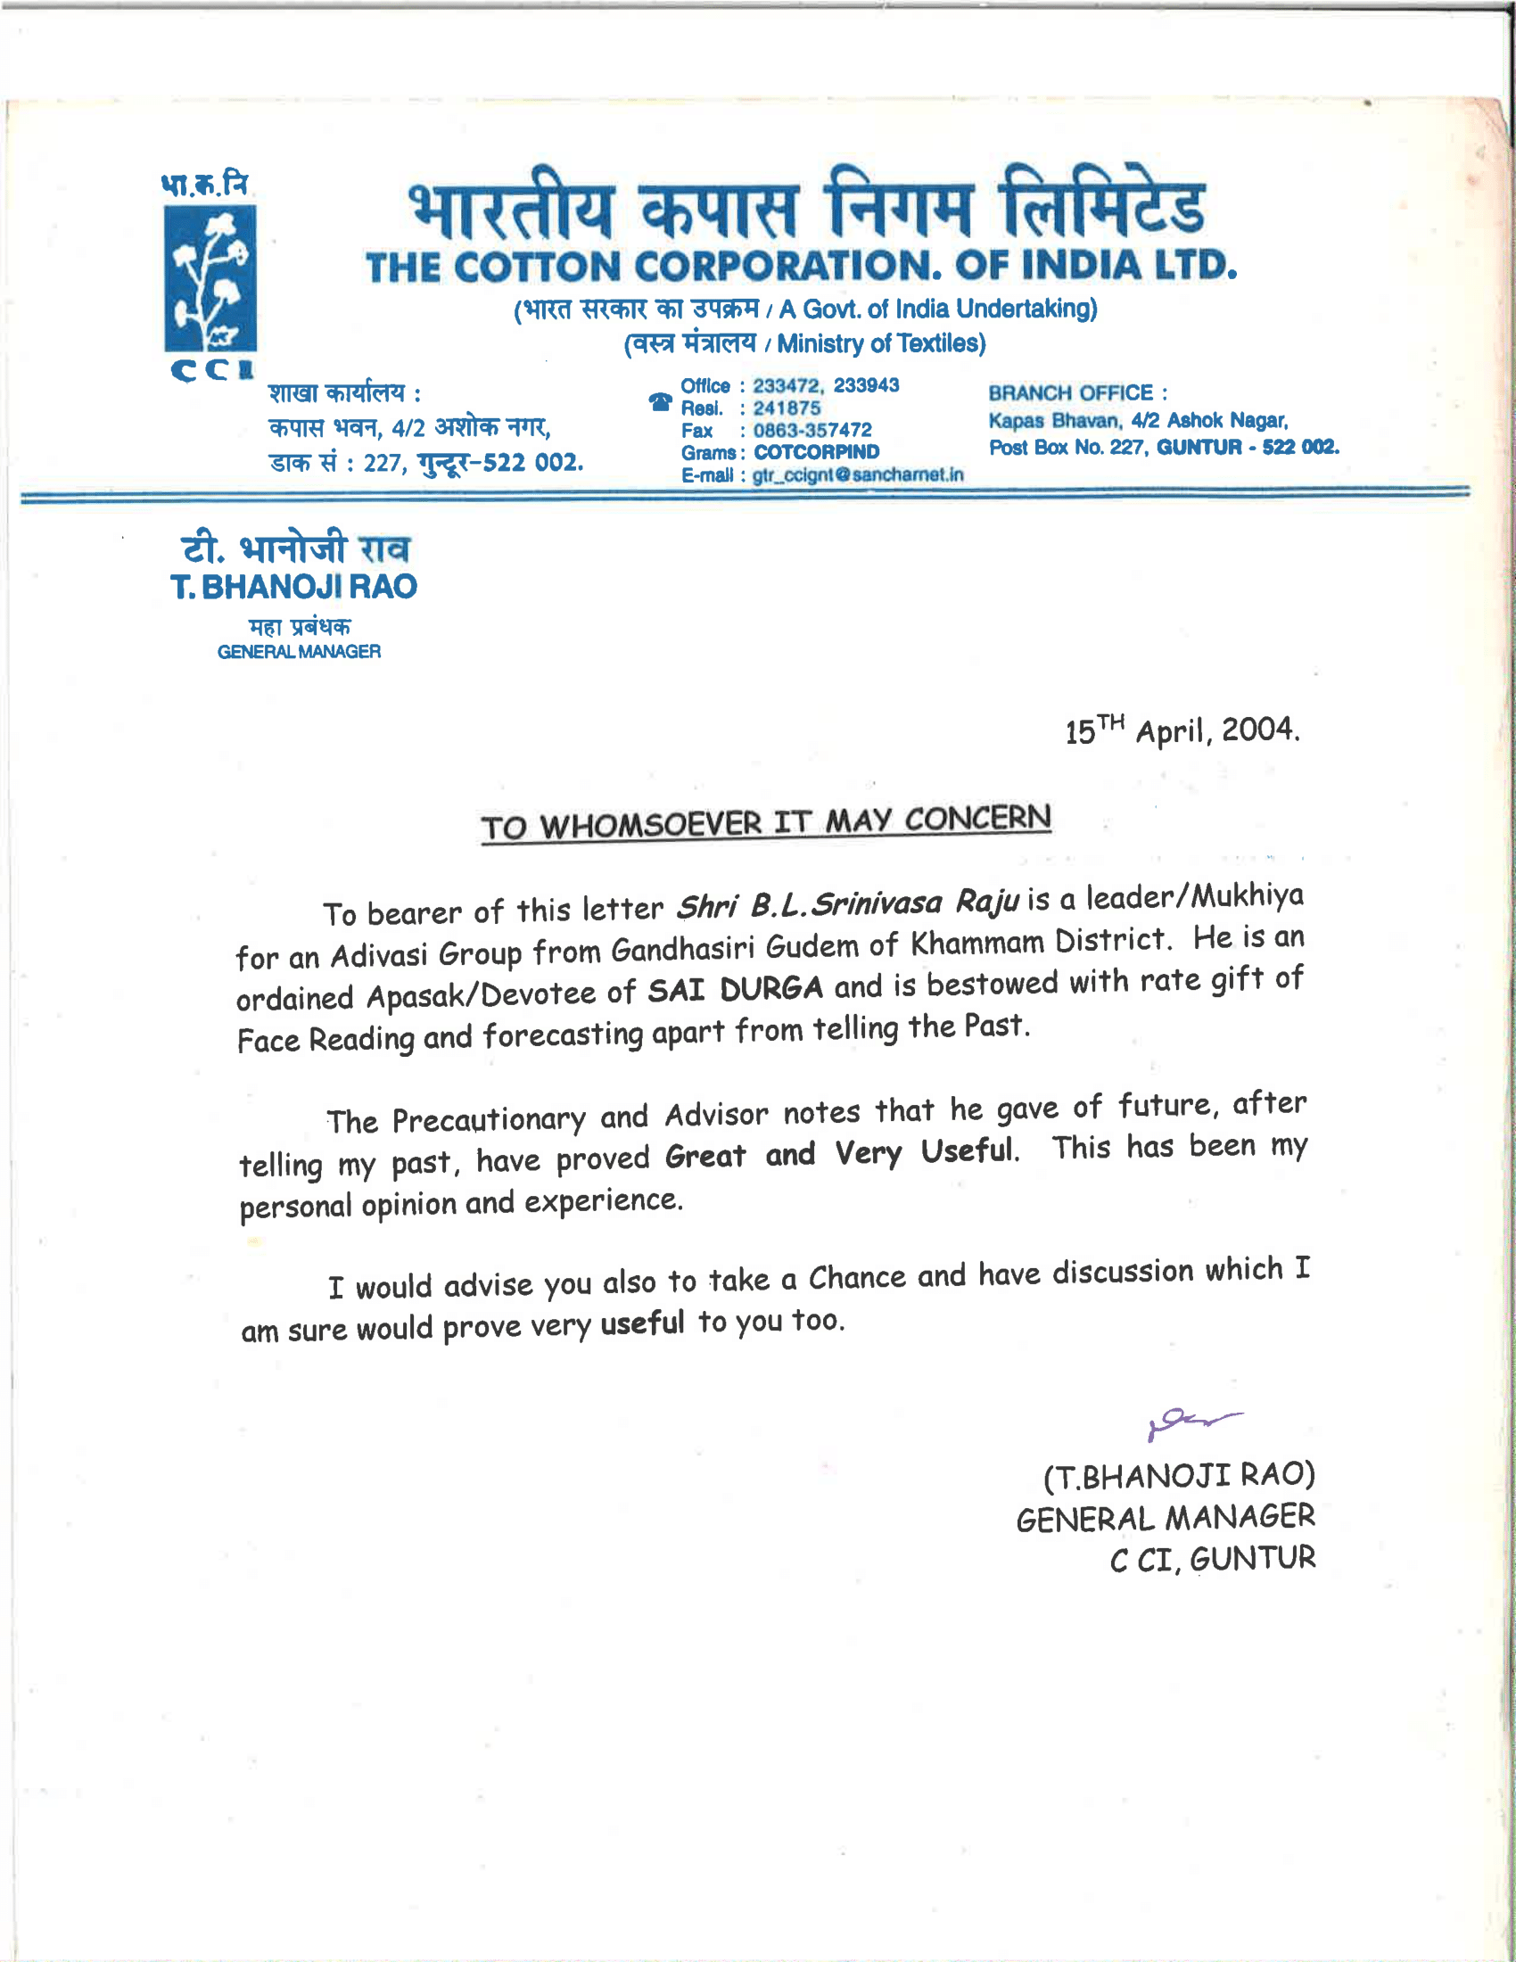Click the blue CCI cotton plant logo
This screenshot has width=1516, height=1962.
pyautogui.click(x=210, y=277)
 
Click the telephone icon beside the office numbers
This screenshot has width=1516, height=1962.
pyautogui.click(x=660, y=401)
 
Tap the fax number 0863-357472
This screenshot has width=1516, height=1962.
pyautogui.click(x=812, y=431)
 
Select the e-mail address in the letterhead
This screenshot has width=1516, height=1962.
pyautogui.click(x=858, y=475)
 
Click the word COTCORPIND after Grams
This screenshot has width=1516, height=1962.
pyautogui.click(x=816, y=453)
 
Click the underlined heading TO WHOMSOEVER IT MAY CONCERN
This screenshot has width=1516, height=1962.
pyautogui.click(x=765, y=822)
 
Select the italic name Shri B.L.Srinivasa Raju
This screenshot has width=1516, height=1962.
pyautogui.click(x=848, y=903)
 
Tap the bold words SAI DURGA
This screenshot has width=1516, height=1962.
pyautogui.click(x=736, y=989)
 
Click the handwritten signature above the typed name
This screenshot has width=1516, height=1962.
pyautogui.click(x=1192, y=1422)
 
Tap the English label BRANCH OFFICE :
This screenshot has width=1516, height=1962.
pyautogui.click(x=1078, y=393)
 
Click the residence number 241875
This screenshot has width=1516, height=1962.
pyautogui.click(x=787, y=408)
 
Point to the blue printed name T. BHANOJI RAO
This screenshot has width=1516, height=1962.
pyautogui.click(x=293, y=587)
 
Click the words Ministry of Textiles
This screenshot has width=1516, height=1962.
pyautogui.click(x=880, y=344)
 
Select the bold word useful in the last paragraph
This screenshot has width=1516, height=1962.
pyautogui.click(x=642, y=1323)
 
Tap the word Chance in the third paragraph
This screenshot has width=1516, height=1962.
pyautogui.click(x=857, y=1277)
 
